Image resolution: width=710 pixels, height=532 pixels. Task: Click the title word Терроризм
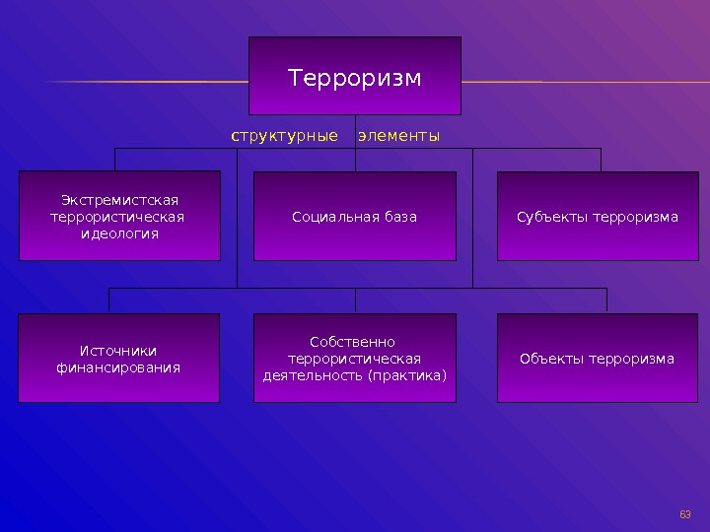(x=354, y=77)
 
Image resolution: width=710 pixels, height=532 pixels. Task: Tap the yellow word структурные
(x=284, y=135)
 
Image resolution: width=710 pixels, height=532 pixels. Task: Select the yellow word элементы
(x=398, y=135)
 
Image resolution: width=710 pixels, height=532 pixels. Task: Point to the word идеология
(x=119, y=234)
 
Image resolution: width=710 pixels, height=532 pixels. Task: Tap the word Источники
(x=118, y=351)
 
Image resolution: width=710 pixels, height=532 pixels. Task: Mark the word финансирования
(x=118, y=367)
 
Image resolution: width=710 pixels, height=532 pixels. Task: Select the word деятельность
(x=313, y=375)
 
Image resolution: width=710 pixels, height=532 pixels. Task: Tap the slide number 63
(x=685, y=514)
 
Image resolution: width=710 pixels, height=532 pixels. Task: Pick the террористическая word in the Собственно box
(x=354, y=359)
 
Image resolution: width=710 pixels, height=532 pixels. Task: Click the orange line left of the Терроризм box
(x=148, y=81)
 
